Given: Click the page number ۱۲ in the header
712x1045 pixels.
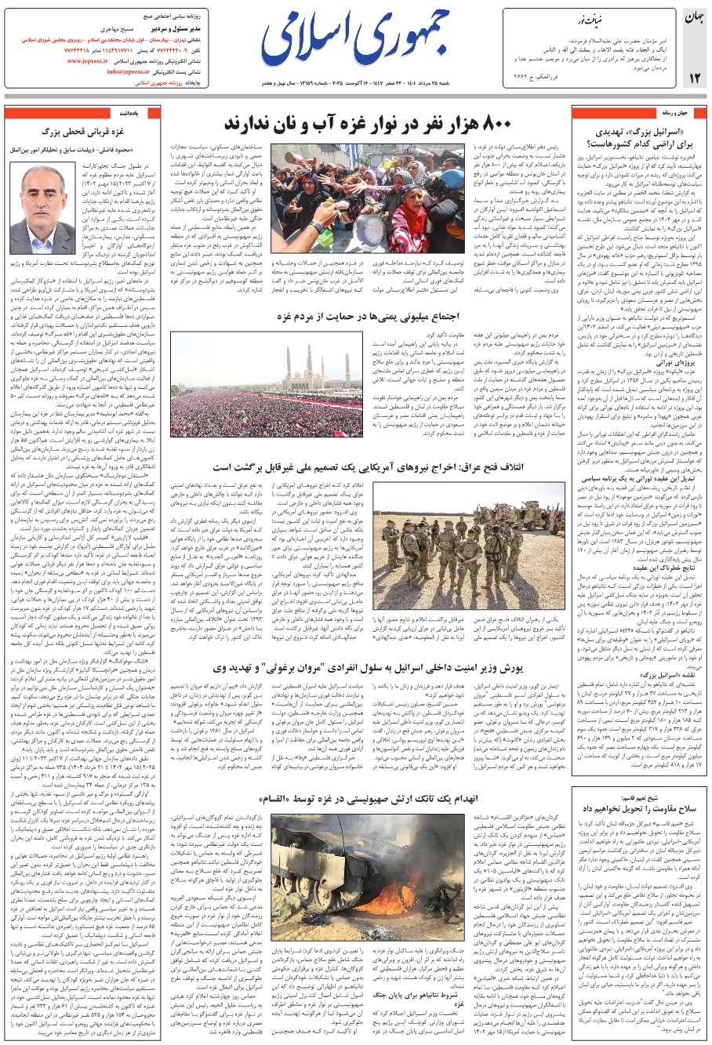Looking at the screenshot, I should [694, 78].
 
